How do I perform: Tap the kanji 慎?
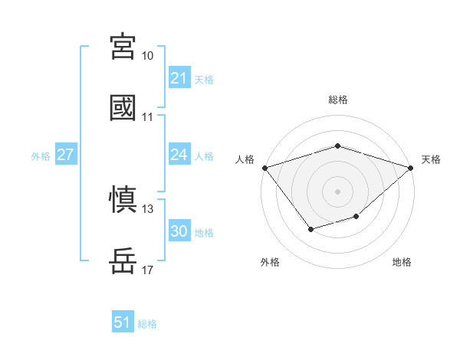(123, 201)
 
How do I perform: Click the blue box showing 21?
(179, 78)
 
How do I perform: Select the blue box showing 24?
(179, 155)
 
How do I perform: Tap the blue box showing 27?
(66, 155)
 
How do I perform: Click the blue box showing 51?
(123, 322)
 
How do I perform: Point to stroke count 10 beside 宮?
(148, 56)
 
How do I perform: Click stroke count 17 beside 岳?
(148, 270)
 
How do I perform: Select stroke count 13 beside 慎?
(148, 209)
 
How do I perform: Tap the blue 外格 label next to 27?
(41, 156)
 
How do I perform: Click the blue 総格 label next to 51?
(147, 323)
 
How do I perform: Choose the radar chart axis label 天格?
(431, 159)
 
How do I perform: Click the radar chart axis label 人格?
(245, 159)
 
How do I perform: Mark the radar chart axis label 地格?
(402, 262)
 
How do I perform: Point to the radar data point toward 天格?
(411, 167)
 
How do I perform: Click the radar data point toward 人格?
(264, 167)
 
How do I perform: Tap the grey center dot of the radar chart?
(337, 191)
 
